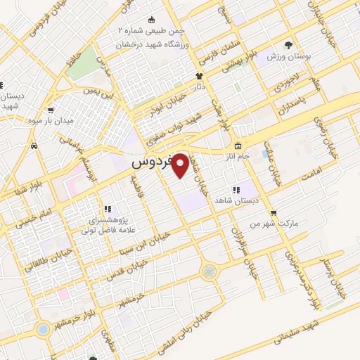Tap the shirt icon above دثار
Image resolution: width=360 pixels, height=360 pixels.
click(x=199, y=77)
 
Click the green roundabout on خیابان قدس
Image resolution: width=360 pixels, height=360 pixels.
click(x=209, y=271)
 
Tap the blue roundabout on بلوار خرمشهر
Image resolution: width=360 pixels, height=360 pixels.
click(x=44, y=328)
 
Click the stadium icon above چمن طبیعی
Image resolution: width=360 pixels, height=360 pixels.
click(x=152, y=20)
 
